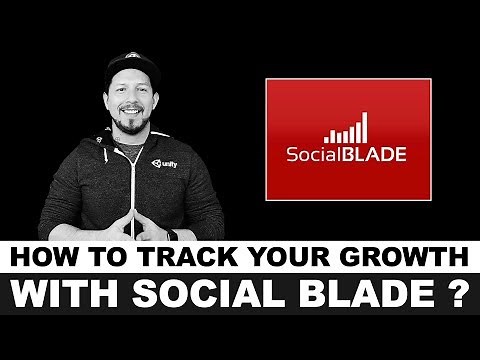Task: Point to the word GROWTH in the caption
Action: click(396, 257)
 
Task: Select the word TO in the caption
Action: click(100, 257)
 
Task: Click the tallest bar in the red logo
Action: click(363, 127)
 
